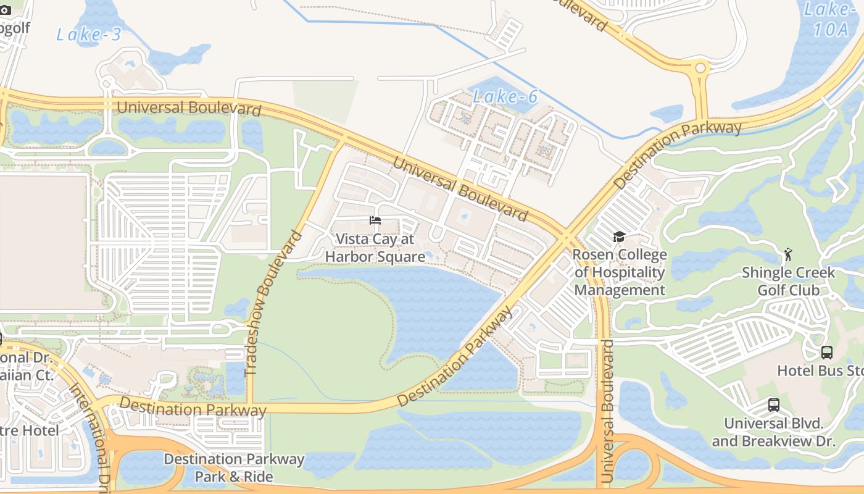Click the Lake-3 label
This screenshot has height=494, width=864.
pos(89,34)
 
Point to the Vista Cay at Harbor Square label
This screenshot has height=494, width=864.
pos(375,248)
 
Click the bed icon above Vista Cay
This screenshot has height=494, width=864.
pos(375,220)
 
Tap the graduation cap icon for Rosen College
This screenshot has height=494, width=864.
pos(619,237)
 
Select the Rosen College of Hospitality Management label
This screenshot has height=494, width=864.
pos(620,272)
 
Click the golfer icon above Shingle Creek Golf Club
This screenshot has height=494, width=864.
pos(787,254)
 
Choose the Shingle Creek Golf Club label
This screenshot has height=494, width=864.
pos(788,281)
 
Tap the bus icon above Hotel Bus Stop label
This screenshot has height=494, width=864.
pos(826,353)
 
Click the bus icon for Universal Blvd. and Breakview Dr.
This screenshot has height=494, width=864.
pos(773,405)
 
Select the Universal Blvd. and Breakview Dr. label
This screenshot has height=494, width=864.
pos(773,432)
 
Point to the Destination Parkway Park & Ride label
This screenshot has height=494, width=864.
pos(234,467)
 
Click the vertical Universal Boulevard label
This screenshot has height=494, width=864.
pos(608,411)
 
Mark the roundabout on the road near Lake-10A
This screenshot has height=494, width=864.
pos(700,68)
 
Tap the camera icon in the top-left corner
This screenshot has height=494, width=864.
pos(5,10)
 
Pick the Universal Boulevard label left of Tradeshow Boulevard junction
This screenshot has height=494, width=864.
pos(188,108)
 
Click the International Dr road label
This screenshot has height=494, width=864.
pos(89,426)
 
